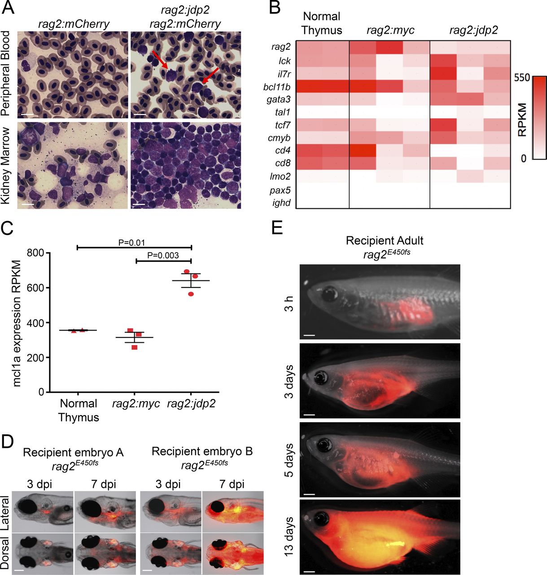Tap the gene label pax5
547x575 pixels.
point(281,190)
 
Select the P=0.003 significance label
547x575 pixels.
point(163,256)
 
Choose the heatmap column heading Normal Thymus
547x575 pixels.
point(322,23)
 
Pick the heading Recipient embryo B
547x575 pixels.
point(202,451)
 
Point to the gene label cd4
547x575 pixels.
point(282,149)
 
